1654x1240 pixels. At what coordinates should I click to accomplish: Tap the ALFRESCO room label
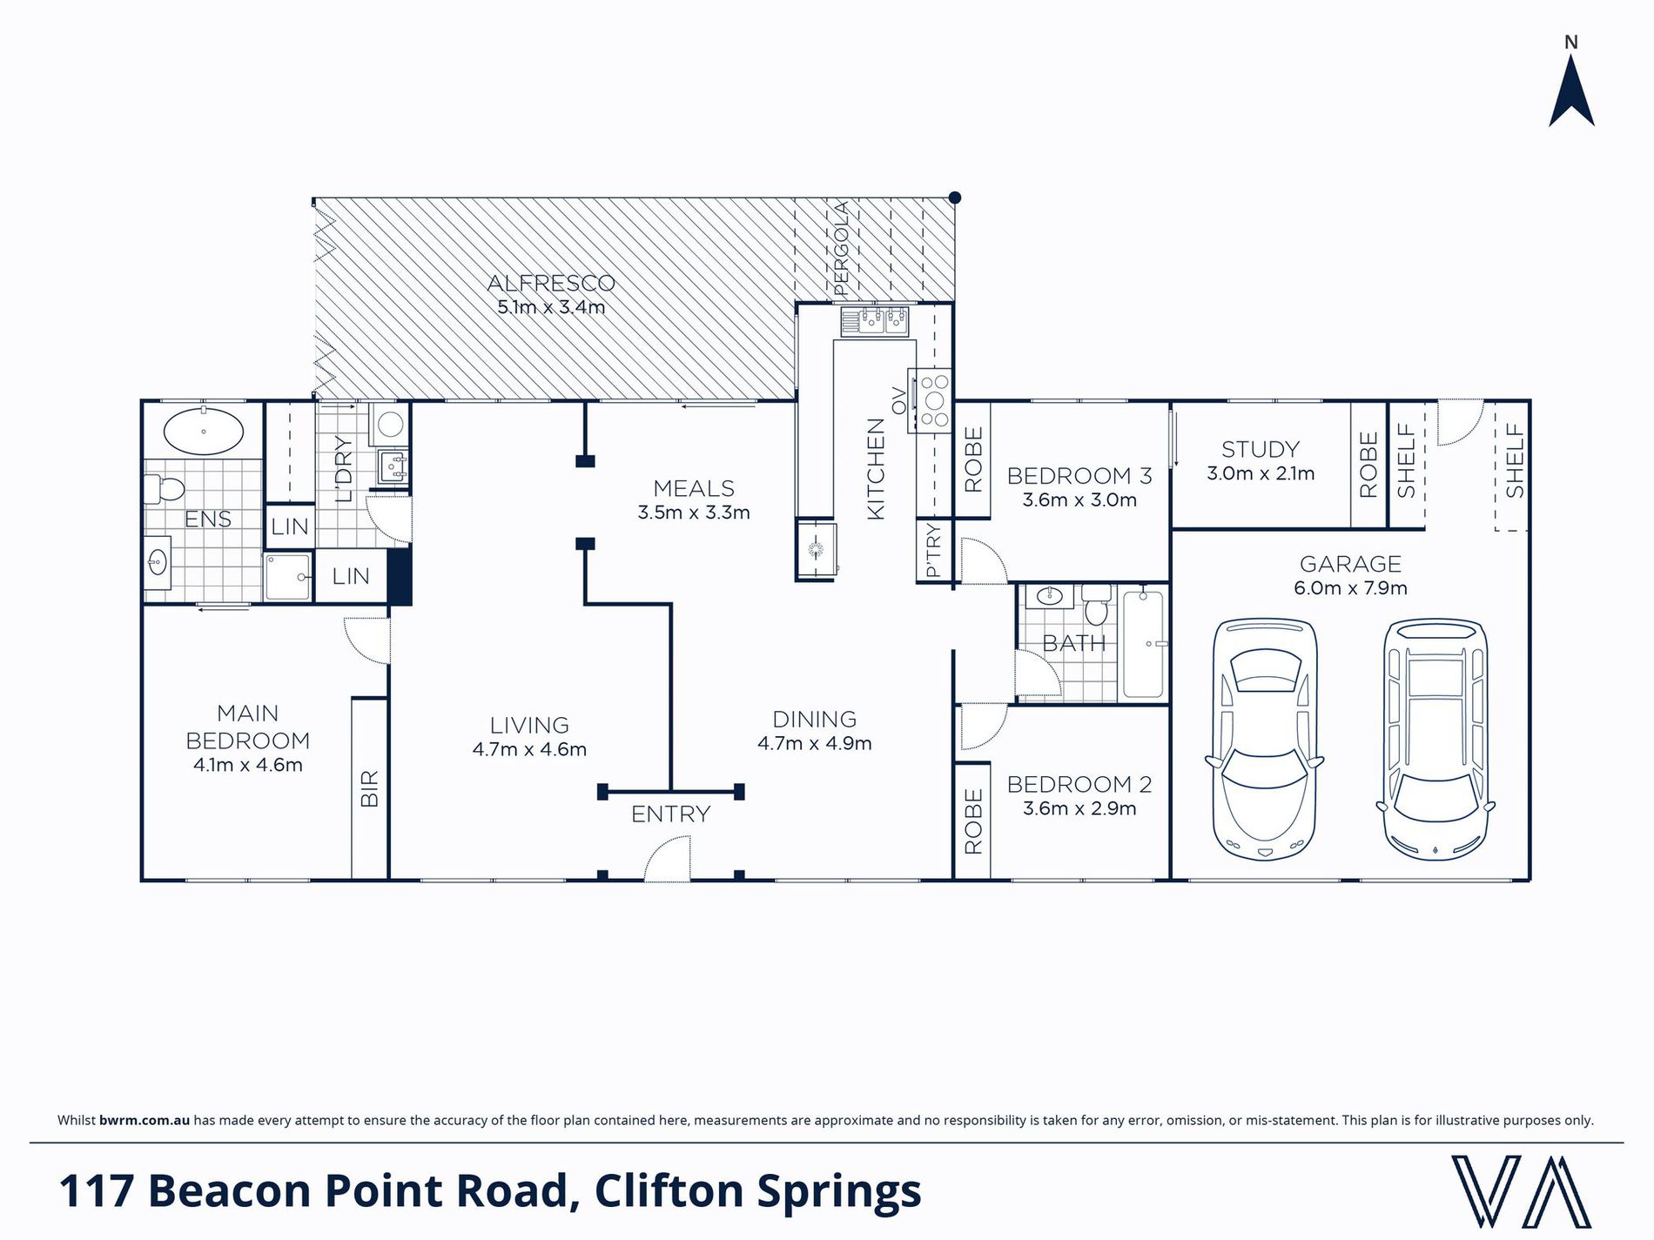click(551, 283)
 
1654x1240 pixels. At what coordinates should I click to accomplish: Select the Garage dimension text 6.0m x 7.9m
click(1350, 588)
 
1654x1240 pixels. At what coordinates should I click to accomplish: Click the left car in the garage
click(1265, 739)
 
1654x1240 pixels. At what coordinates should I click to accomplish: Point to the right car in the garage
click(1435, 739)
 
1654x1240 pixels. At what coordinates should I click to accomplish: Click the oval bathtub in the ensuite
click(204, 432)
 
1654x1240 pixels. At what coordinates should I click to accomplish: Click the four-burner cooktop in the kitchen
click(931, 400)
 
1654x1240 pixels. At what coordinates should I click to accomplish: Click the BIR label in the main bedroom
click(369, 788)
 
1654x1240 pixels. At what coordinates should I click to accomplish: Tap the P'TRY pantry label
click(933, 551)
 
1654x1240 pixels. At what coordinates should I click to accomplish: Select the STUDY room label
click(1260, 449)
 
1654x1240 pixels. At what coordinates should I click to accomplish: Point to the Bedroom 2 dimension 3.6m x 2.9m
click(1079, 808)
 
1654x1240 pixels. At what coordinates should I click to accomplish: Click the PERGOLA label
click(840, 248)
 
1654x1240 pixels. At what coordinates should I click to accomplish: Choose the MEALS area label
click(694, 488)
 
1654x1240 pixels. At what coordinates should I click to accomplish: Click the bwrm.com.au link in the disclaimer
click(145, 1120)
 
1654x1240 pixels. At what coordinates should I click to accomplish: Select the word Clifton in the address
click(669, 1190)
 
